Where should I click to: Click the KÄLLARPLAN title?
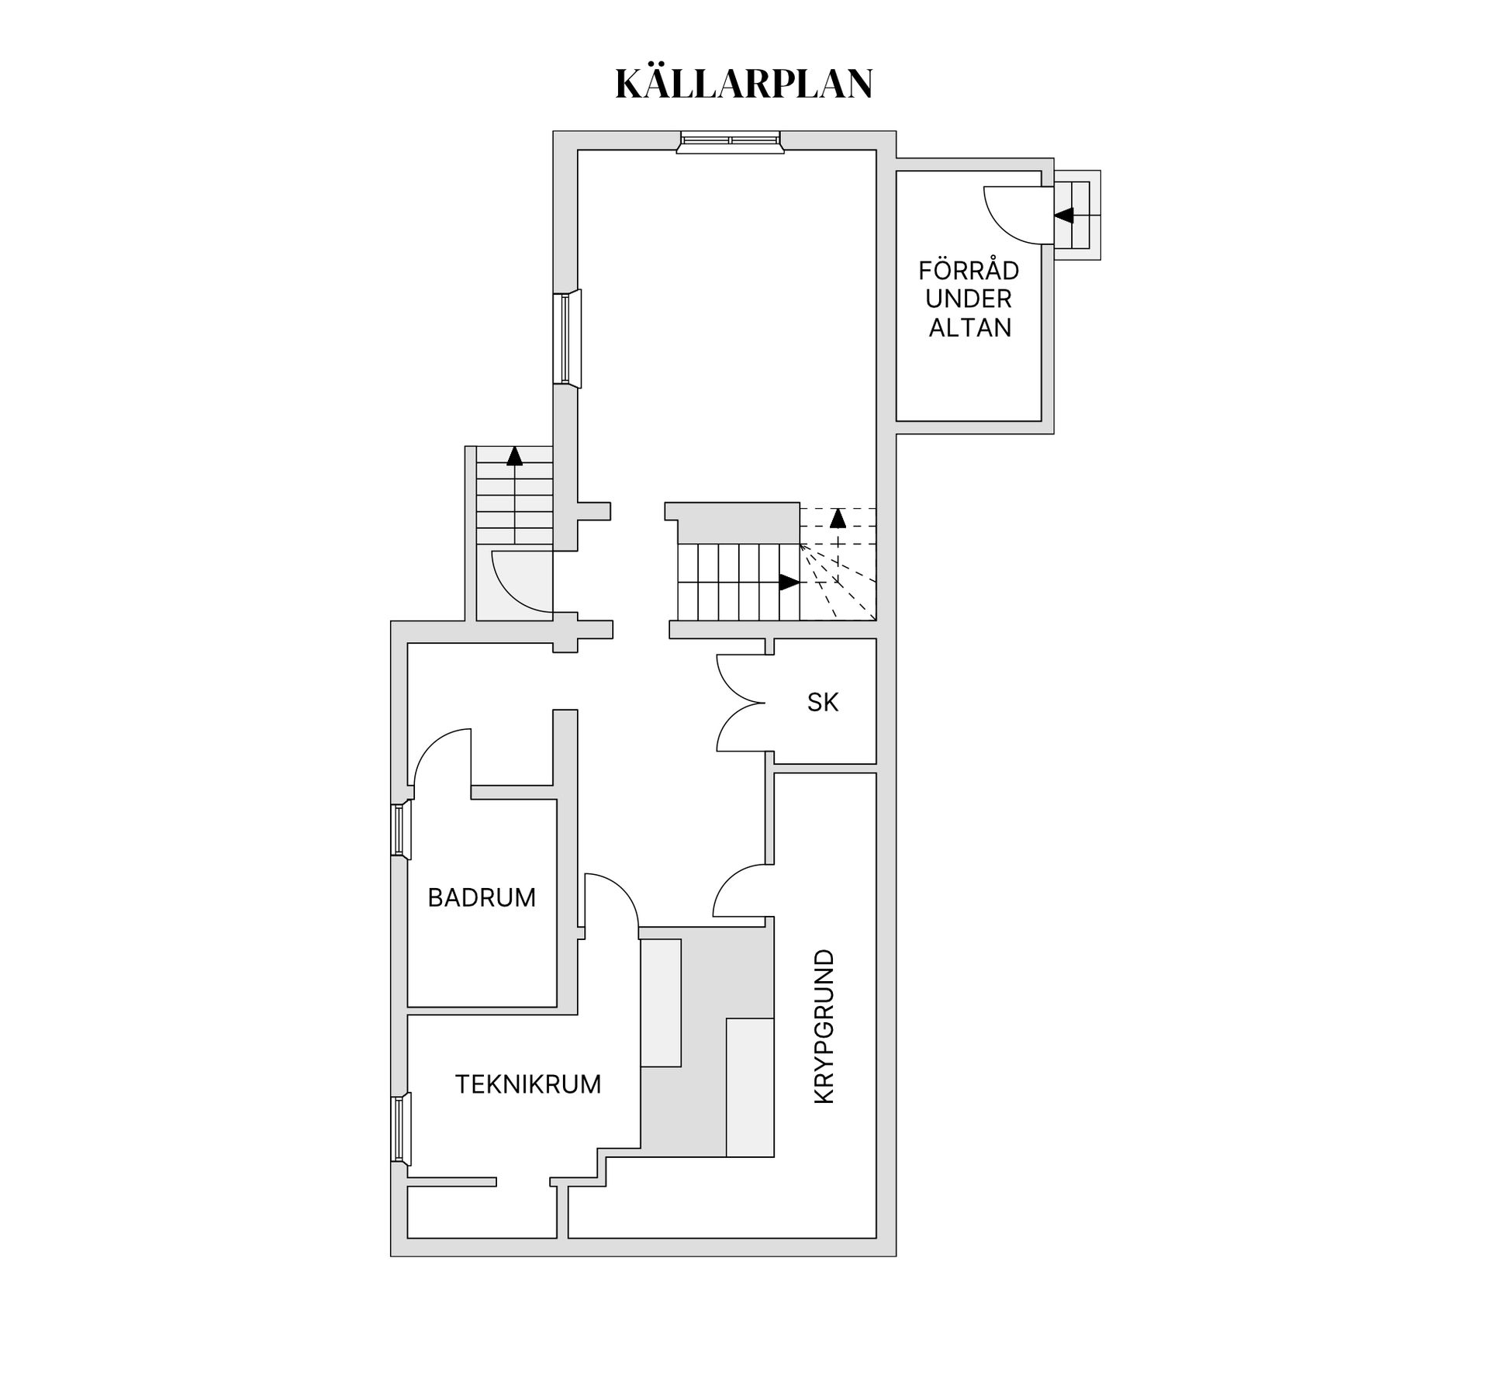744,84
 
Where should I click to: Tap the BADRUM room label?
482,897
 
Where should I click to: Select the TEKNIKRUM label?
527,1084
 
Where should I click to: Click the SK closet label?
822,702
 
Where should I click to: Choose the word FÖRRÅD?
969,271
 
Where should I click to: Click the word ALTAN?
969,328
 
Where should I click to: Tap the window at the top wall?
729,142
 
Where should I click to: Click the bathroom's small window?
400,830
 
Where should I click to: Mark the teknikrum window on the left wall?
401,1129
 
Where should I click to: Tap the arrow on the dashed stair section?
838,518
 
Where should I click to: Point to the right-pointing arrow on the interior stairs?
789,582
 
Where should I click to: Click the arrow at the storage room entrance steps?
1064,216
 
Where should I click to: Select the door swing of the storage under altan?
1010,215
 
